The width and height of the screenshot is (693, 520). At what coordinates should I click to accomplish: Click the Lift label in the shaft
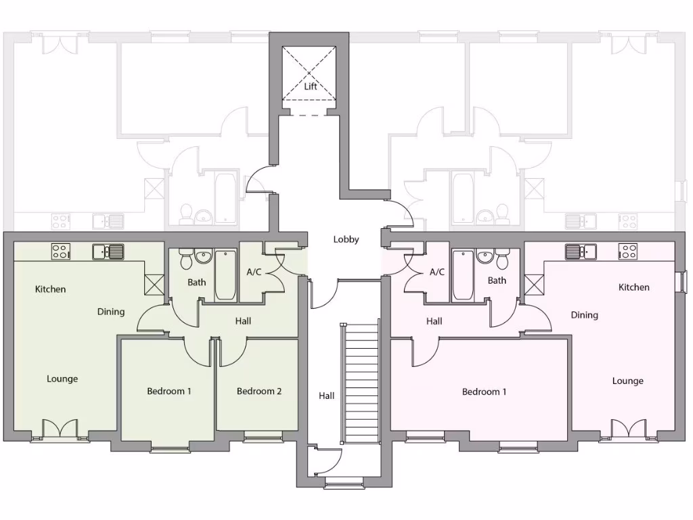click(x=310, y=87)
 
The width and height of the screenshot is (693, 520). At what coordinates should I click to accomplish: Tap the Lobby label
click(x=346, y=240)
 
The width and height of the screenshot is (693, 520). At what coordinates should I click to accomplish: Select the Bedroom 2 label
click(x=259, y=391)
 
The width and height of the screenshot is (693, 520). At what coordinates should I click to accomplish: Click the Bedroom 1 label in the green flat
click(x=169, y=391)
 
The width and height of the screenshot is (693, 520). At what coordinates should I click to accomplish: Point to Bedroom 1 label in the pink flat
click(x=484, y=392)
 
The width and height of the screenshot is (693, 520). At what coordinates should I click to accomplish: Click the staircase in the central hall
click(x=359, y=383)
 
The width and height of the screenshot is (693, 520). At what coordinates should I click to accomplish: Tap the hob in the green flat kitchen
click(x=60, y=252)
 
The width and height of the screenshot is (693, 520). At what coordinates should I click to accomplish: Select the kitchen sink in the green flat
click(x=108, y=252)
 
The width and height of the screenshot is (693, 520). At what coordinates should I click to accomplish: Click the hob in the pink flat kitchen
click(x=627, y=251)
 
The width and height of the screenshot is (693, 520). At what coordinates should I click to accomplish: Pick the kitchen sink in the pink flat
click(x=581, y=251)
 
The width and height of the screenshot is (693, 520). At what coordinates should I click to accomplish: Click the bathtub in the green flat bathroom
click(x=225, y=276)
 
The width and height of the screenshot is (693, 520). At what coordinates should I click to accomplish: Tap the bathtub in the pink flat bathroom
click(x=463, y=276)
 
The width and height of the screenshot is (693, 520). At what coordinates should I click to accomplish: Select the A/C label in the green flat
click(x=254, y=272)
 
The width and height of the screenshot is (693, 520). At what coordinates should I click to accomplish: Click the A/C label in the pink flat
click(x=437, y=272)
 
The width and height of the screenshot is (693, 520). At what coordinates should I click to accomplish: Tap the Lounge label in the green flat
click(x=62, y=379)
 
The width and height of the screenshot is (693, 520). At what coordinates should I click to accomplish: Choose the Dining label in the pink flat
click(x=584, y=316)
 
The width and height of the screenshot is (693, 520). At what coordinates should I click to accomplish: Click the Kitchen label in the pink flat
click(x=634, y=288)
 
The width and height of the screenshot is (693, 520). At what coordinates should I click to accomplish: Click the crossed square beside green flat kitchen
click(x=154, y=284)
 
